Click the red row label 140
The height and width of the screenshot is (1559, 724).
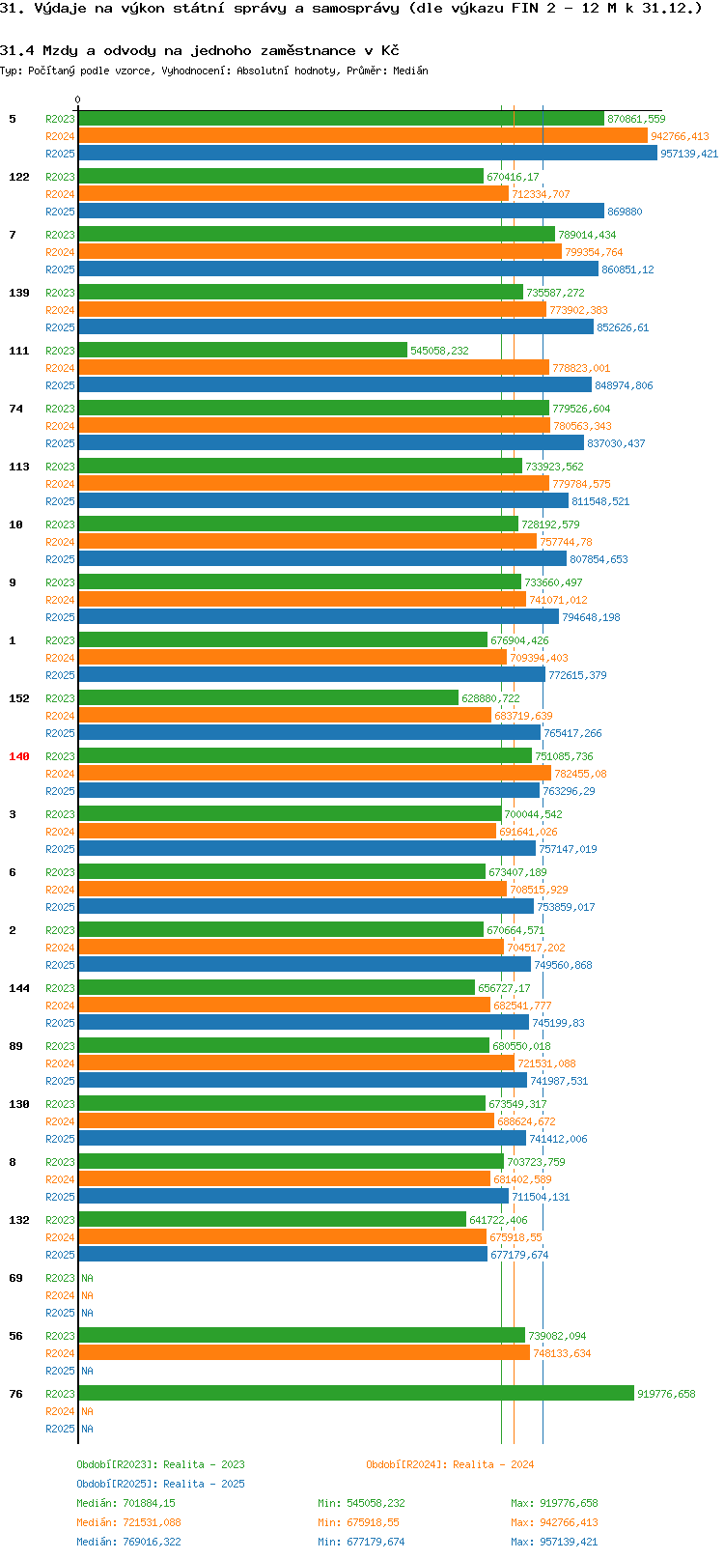[18, 756]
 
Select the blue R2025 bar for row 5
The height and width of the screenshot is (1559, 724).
[367, 154]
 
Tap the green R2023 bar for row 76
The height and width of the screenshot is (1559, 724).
[355, 1394]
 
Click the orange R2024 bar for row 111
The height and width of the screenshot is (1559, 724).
[313, 368]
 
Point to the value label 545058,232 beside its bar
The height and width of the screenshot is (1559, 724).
[439, 351]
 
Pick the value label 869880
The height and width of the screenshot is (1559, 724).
[625, 212]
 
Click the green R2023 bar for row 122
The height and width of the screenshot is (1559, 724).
[280, 177]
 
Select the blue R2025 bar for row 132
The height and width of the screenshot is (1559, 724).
[282, 1255]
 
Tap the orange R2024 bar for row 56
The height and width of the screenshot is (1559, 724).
[303, 1353]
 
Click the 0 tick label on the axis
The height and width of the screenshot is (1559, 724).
[78, 99]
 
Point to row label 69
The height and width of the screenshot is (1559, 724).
[15, 1278]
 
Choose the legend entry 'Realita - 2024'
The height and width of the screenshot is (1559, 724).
[450, 1464]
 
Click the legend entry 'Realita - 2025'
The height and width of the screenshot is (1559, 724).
[160, 1484]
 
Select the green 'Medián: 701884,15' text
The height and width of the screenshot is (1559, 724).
[125, 1503]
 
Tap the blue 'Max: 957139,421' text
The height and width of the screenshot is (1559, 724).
[554, 1542]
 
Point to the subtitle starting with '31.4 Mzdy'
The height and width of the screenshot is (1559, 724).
[199, 50]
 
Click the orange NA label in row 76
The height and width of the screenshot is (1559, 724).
[87, 1411]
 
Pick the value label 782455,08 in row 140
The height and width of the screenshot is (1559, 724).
[580, 774]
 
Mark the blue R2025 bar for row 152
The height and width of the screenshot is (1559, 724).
[309, 733]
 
